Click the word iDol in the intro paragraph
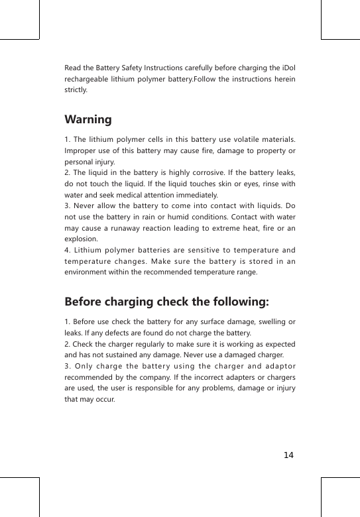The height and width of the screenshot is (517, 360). pos(288,68)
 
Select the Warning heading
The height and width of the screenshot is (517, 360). pos(88,120)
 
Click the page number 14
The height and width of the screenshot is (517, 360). pos(288,455)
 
